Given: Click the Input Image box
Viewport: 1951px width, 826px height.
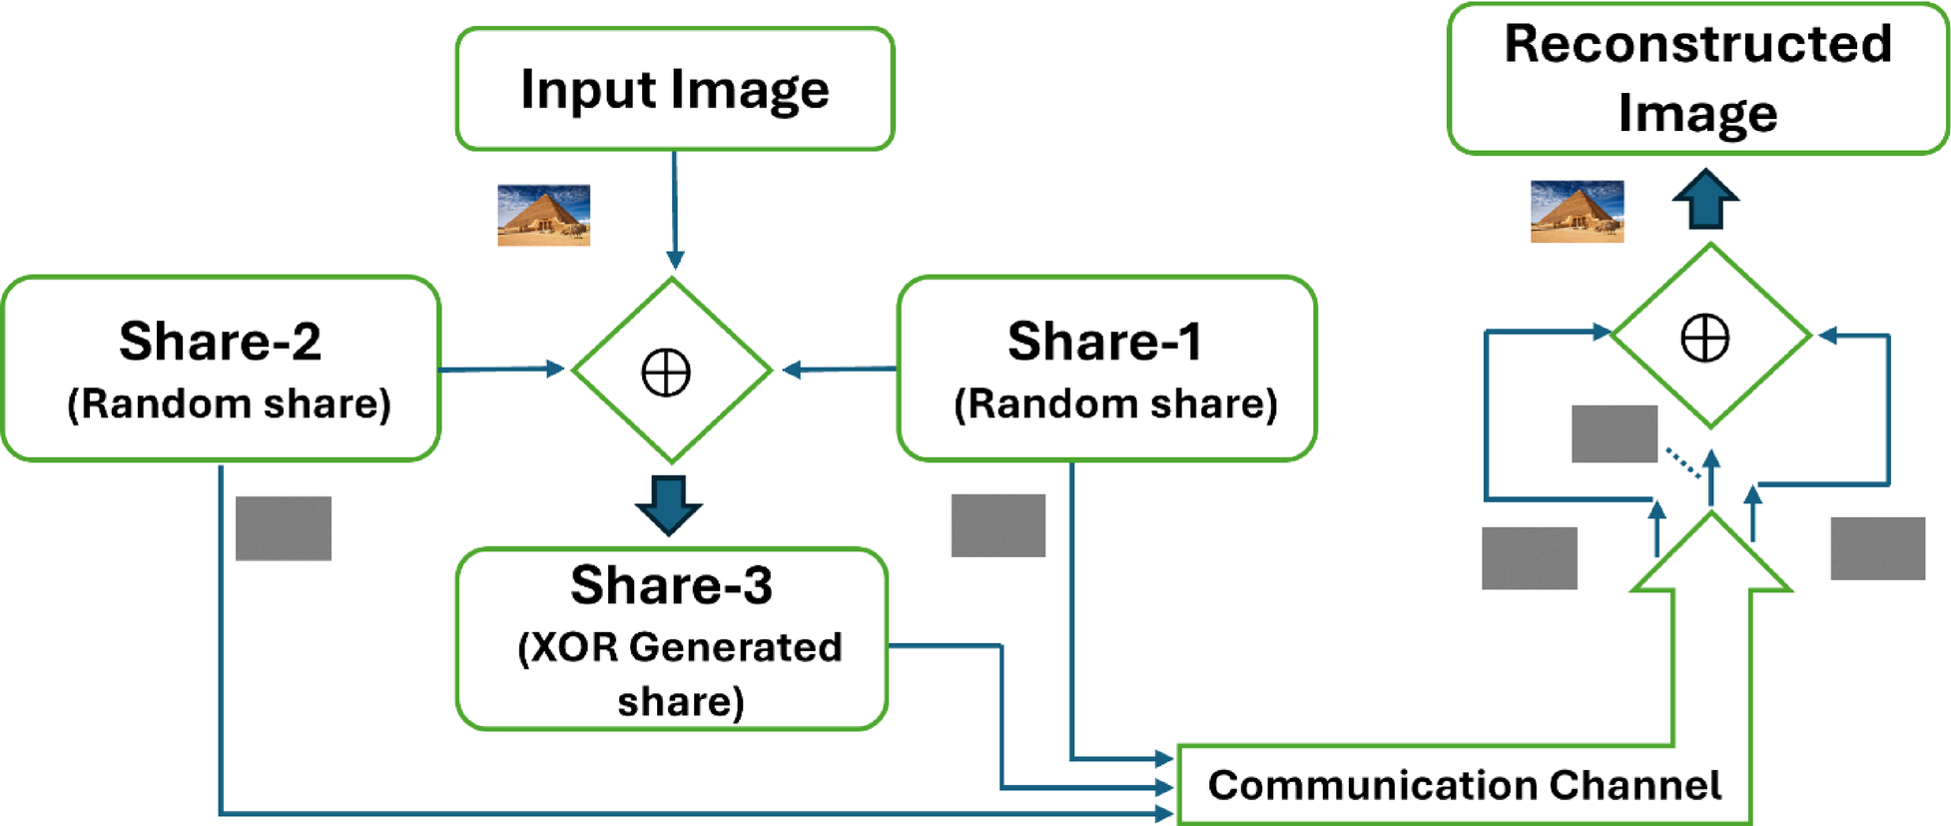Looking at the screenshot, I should click(x=674, y=90).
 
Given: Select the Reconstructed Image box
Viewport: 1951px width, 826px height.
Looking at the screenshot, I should click(x=1697, y=78).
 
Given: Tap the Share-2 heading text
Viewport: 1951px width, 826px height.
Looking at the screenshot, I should click(x=220, y=342).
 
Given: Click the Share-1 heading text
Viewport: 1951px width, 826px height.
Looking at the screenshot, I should click(x=1104, y=342).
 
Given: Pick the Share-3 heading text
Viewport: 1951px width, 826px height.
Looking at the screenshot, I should click(x=671, y=585).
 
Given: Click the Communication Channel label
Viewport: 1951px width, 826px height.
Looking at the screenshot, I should click(x=1464, y=785).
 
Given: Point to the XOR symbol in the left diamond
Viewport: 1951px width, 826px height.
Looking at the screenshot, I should click(x=666, y=374).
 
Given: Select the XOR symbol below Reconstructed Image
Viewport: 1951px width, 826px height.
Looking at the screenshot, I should click(x=1705, y=338).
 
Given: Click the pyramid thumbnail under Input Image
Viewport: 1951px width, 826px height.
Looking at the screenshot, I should click(x=544, y=215).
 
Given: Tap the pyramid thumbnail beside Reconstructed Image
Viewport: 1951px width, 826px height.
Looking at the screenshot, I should click(x=1577, y=212).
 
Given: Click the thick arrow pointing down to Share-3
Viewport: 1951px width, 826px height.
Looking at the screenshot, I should click(x=669, y=505).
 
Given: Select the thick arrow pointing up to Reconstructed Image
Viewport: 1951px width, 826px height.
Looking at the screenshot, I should click(x=1705, y=199).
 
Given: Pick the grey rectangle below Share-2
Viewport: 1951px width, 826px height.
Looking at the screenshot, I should click(x=284, y=528).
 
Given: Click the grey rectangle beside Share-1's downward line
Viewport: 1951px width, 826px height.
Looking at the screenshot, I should click(x=998, y=525).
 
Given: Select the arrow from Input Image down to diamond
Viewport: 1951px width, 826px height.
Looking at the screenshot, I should click(x=675, y=210).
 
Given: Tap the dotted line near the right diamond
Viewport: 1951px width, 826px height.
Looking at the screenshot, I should click(x=1683, y=464).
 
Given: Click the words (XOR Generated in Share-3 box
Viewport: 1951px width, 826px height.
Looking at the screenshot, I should click(x=679, y=647).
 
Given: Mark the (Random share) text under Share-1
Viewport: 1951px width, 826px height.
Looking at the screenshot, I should click(x=1115, y=405).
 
